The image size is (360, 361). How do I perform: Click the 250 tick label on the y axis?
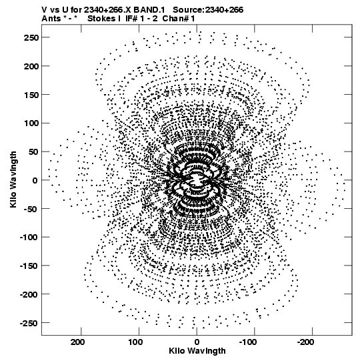tap(31, 37)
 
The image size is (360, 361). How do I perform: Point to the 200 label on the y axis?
tap(31, 66)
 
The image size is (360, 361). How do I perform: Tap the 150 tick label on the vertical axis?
tap(31, 95)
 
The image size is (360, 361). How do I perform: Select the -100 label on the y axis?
tap(29, 238)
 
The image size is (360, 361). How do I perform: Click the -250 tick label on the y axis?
tap(29, 323)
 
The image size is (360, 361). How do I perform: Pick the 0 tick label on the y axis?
tap(35, 180)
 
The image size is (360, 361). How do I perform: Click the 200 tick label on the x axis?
tap(77, 342)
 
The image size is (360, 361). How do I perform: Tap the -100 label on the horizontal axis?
tap(248, 342)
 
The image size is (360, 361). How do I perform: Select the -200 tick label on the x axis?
tap(305, 342)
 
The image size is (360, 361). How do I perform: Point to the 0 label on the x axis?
tap(197, 342)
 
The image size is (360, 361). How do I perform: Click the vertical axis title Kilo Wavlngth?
tap(13, 179)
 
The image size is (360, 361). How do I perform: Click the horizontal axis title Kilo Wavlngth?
tap(197, 351)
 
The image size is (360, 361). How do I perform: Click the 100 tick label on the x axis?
tap(135, 342)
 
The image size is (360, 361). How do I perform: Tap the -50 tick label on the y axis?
tap(31, 209)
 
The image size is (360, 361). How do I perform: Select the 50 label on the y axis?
tap(33, 152)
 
